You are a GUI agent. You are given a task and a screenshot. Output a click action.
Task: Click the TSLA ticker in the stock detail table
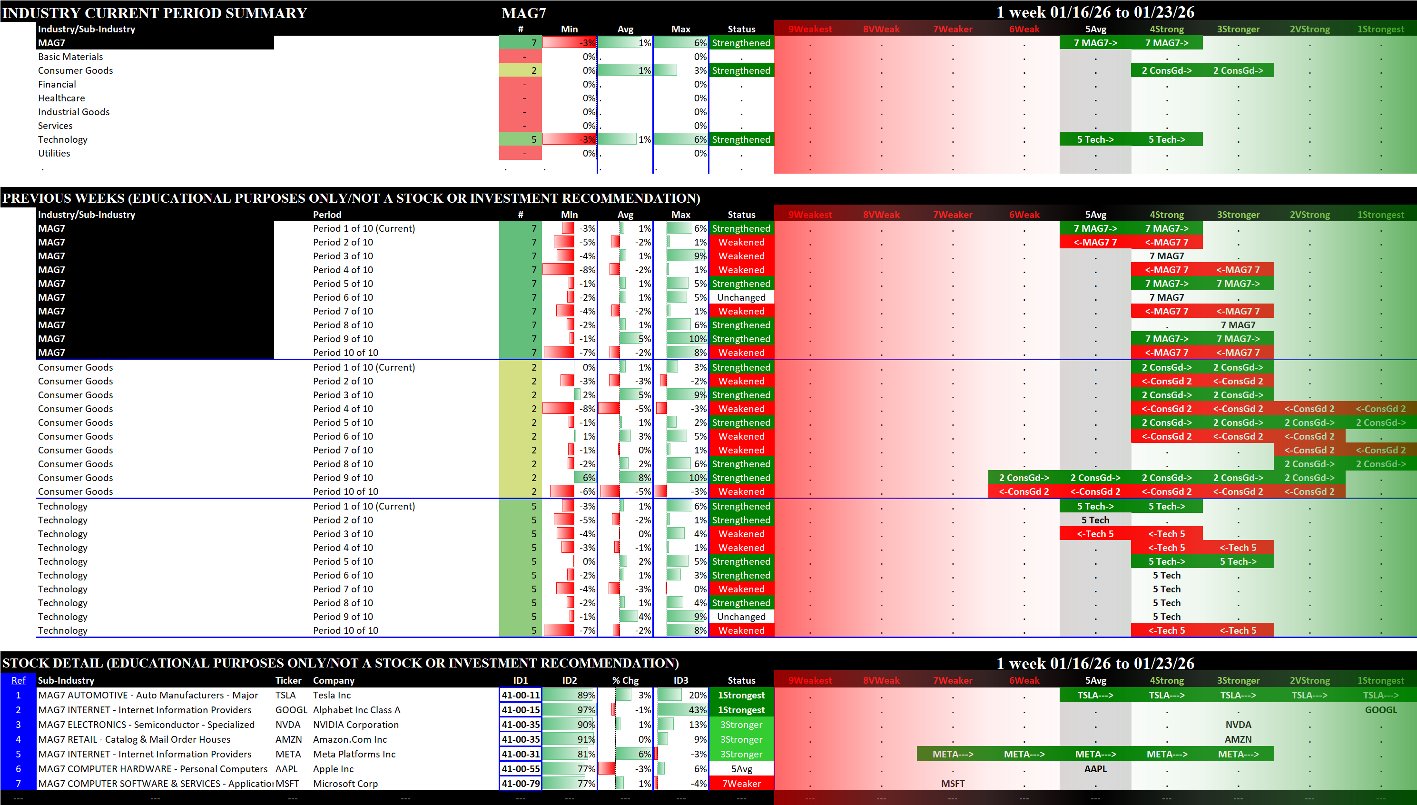coord(285,695)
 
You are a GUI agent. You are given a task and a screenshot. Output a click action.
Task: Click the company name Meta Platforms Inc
coord(354,754)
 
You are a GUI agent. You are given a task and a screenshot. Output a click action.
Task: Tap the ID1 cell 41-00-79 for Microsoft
coord(520,784)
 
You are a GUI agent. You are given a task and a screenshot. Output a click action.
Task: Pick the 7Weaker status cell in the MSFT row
coord(741,784)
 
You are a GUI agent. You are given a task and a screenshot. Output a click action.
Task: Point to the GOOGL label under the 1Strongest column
coord(1380,710)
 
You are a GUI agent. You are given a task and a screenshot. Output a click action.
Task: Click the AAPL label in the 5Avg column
coord(1095,768)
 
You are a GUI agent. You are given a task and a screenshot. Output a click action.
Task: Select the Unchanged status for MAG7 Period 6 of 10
coord(741,297)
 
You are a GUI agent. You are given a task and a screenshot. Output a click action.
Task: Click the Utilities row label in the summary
coord(54,153)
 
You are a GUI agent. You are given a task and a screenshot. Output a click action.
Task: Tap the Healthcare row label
coord(61,98)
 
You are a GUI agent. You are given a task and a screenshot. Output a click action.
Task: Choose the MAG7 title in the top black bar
coord(523,13)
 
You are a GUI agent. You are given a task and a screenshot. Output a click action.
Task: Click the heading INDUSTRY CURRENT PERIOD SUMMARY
coord(155,13)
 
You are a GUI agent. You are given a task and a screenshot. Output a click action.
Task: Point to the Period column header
coord(327,215)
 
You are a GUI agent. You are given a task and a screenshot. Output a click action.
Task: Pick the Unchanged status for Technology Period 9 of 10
coord(741,617)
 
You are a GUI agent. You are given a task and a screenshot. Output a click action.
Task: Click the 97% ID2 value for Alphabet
coord(585,710)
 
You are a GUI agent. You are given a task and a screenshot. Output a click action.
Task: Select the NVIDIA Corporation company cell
coord(355,724)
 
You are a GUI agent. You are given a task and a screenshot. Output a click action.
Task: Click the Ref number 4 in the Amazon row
coord(18,739)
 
